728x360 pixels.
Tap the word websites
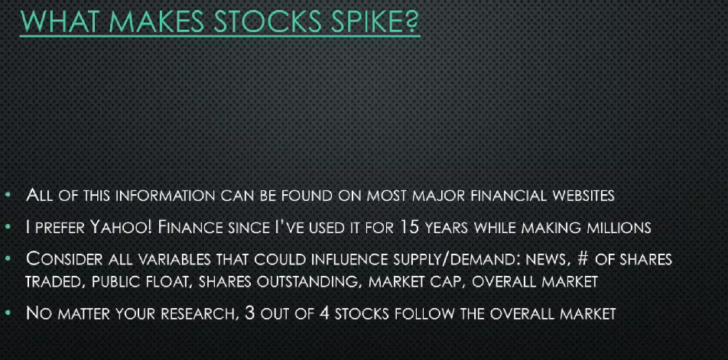(583, 196)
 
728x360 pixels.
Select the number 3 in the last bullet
(249, 313)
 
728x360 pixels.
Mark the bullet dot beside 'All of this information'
(8, 196)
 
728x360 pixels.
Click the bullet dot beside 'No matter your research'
(8, 313)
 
